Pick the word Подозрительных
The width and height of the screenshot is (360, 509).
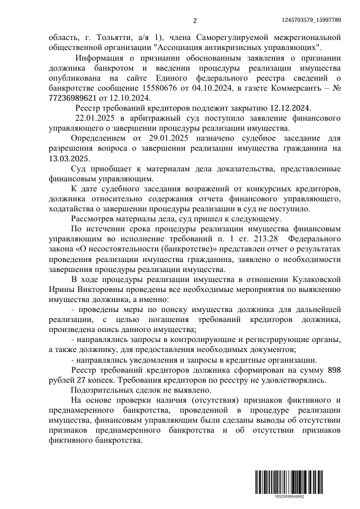104,389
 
